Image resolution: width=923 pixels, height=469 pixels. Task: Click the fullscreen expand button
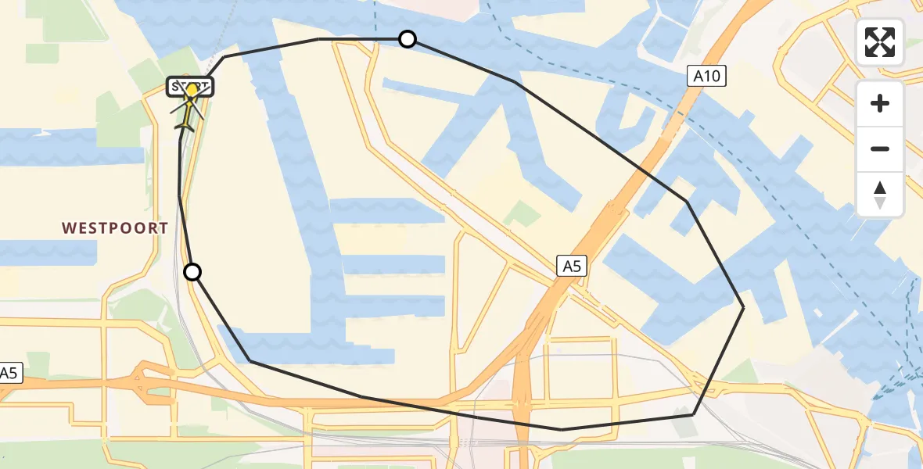(x=880, y=42)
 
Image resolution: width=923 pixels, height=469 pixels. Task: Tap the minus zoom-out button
(x=880, y=149)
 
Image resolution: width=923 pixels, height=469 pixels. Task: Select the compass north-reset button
(x=880, y=195)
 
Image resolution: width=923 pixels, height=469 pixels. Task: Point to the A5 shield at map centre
(x=572, y=266)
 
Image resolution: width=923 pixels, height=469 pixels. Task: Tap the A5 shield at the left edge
(x=10, y=373)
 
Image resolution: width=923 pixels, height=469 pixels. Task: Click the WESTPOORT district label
(x=115, y=228)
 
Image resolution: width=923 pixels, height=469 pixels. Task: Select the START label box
(x=190, y=86)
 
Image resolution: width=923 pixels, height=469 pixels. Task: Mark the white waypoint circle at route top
(x=408, y=38)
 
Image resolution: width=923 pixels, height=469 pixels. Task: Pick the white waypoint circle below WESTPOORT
(x=192, y=272)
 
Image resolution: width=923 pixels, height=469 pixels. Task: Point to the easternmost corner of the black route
(x=743, y=308)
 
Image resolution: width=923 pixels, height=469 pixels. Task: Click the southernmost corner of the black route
(x=562, y=429)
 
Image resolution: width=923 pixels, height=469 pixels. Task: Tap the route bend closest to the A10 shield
(x=688, y=202)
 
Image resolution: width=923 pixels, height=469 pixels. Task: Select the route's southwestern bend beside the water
(x=250, y=360)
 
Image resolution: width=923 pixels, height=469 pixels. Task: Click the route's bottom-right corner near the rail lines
(x=693, y=414)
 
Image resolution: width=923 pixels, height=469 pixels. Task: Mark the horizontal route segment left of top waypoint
(x=360, y=38)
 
